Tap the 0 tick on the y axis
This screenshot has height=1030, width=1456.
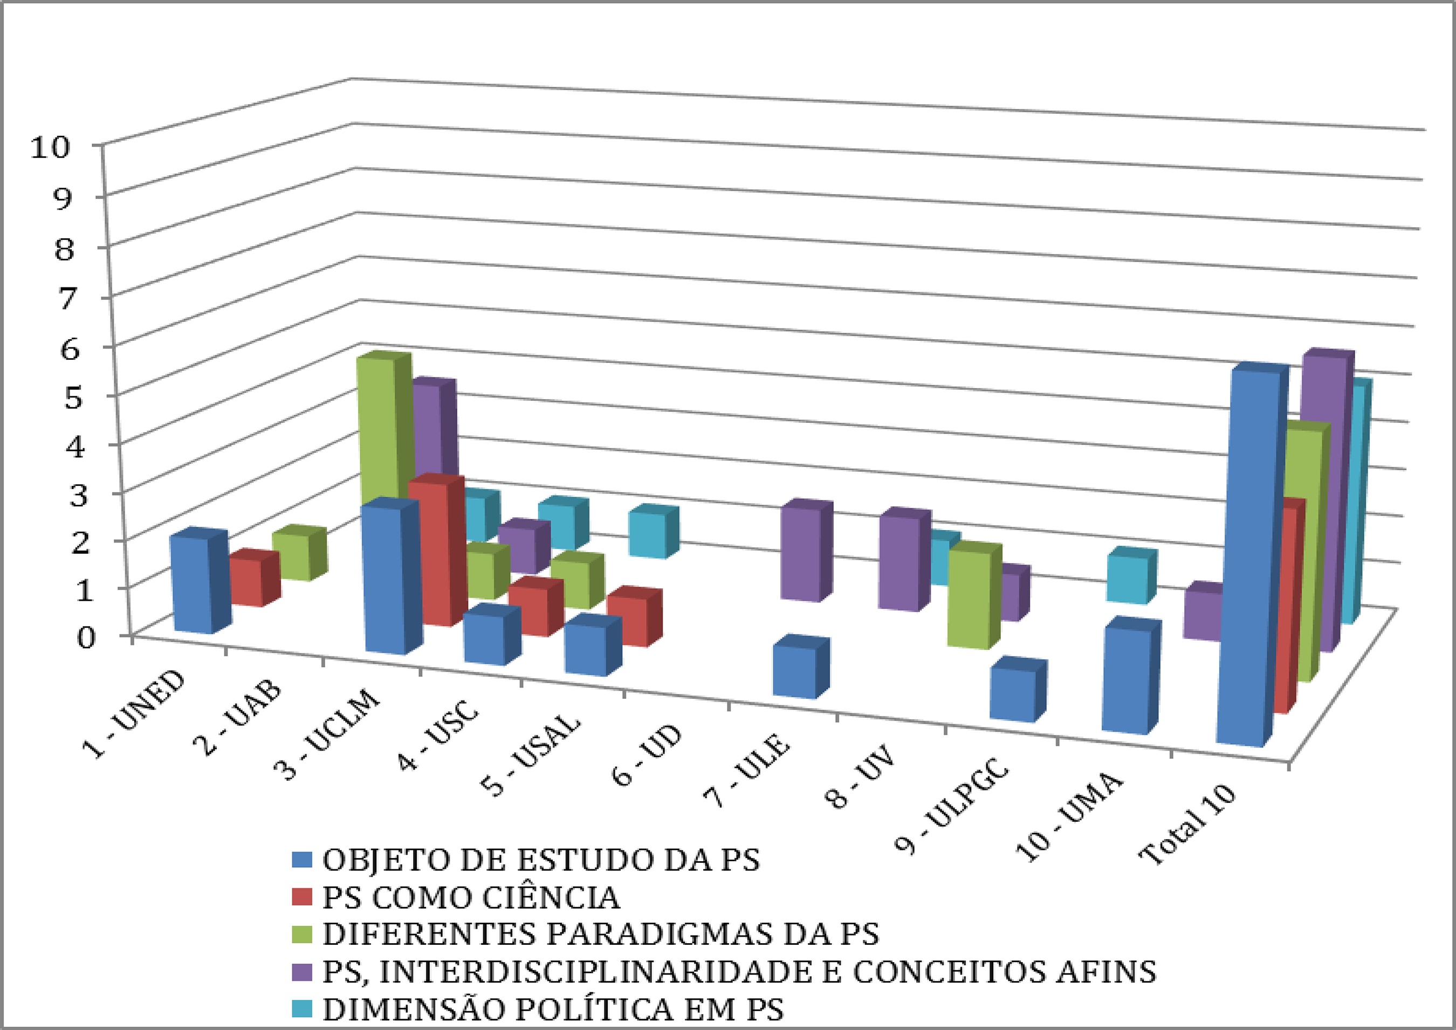(x=86, y=637)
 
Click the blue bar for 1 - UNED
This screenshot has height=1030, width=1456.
(x=191, y=584)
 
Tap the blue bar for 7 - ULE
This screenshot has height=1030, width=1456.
(x=793, y=671)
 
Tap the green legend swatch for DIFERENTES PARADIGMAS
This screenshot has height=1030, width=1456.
(x=303, y=935)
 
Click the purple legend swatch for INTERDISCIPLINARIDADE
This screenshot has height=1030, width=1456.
(x=303, y=972)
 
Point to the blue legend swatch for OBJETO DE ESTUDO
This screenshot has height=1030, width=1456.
(x=303, y=861)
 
